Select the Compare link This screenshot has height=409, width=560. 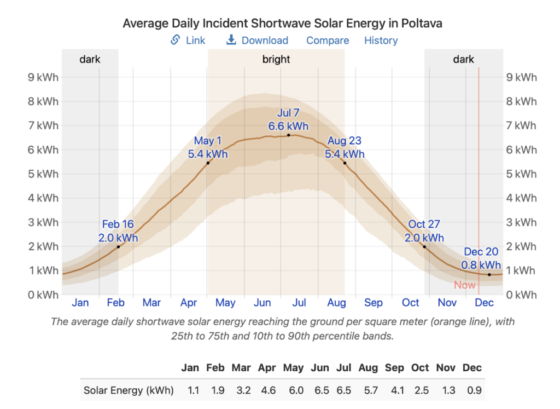tap(327, 41)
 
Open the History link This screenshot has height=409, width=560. tap(381, 41)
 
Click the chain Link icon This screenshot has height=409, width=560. tap(176, 40)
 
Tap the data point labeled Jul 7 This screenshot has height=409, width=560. tap(288, 135)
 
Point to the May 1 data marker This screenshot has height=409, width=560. tap(208, 163)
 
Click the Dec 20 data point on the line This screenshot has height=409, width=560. tap(489, 275)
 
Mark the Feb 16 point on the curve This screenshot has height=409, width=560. tap(118, 246)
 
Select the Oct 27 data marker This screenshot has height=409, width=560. tap(424, 246)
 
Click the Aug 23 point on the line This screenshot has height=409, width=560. tap(345, 163)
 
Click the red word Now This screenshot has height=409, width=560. tap(464, 285)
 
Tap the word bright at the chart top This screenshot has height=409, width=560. tap(276, 59)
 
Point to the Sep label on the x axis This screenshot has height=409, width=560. tap(374, 302)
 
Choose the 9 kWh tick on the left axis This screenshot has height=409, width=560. tap(43, 77)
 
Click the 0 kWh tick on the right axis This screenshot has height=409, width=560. tap(523, 295)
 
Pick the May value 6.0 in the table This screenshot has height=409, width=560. tap(293, 390)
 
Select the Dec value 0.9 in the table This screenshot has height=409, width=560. tap(473, 390)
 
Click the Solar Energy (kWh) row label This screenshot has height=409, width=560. tap(129, 390)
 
